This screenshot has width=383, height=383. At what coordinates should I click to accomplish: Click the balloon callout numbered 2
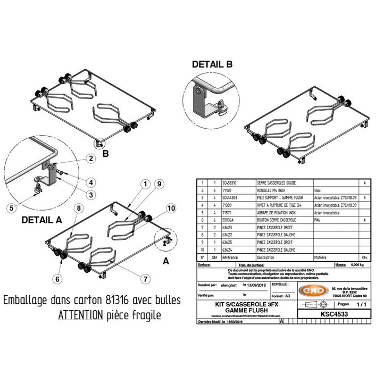coord(91,158)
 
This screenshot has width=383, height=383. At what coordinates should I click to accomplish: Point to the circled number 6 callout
coord(56,278)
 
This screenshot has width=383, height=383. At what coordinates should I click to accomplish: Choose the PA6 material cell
coord(318,219)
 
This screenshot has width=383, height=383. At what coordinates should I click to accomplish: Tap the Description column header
coord(265,256)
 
